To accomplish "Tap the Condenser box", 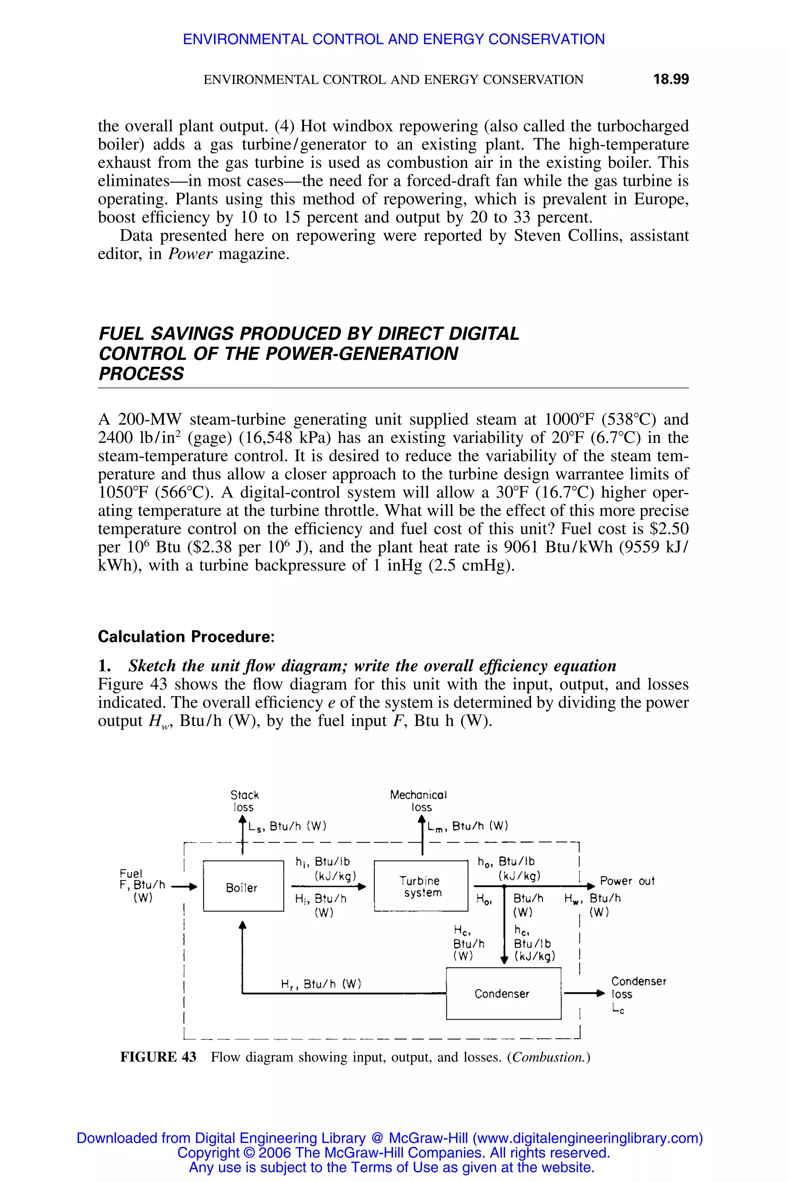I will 503,993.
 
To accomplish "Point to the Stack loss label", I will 244,801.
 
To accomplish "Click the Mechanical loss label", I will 419,801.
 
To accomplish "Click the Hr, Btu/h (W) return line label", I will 321,983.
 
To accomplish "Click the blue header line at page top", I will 394,39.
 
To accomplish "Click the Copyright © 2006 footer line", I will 394,1152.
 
